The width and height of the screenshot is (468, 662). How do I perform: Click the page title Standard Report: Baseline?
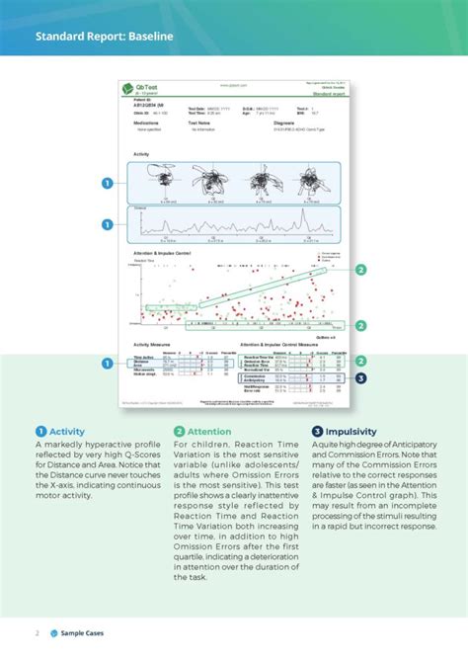click(x=104, y=39)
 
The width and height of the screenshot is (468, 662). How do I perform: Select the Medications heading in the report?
click(x=147, y=124)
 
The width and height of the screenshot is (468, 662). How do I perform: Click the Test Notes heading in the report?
click(x=201, y=124)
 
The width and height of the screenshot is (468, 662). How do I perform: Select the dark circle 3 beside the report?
click(x=360, y=377)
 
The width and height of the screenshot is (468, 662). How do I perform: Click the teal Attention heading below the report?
click(x=209, y=432)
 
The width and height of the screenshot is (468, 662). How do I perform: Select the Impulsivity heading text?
click(x=354, y=432)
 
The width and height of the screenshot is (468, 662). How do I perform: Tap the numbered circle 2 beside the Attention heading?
click(x=179, y=432)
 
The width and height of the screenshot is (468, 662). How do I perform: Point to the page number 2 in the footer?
click(x=38, y=630)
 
